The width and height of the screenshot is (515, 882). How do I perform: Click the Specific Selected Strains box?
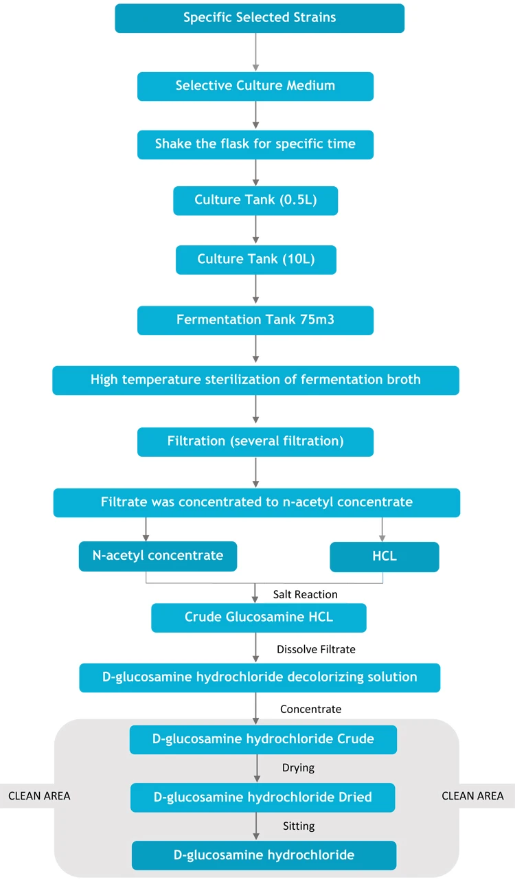(x=260, y=18)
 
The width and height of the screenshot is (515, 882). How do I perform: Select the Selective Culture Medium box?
(x=255, y=86)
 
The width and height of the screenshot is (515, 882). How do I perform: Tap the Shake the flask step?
(x=255, y=144)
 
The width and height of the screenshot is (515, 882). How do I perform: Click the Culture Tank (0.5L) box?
(x=255, y=200)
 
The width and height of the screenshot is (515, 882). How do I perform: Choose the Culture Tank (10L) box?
(x=255, y=259)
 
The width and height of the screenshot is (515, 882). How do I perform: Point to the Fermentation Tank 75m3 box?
(x=255, y=320)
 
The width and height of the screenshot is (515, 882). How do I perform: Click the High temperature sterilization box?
(x=255, y=380)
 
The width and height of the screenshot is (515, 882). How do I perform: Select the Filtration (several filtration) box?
(x=255, y=442)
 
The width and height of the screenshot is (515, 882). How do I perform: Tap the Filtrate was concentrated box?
(x=256, y=502)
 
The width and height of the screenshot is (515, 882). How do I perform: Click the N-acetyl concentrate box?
(x=158, y=556)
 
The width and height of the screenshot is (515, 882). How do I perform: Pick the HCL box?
(x=384, y=556)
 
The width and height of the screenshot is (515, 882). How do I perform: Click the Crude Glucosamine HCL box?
(x=259, y=618)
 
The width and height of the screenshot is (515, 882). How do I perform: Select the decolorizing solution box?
(x=260, y=677)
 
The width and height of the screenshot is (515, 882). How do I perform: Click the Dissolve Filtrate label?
(x=316, y=648)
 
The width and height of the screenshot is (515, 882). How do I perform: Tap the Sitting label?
(x=298, y=826)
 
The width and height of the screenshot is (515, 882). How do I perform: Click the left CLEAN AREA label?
(x=38, y=796)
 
